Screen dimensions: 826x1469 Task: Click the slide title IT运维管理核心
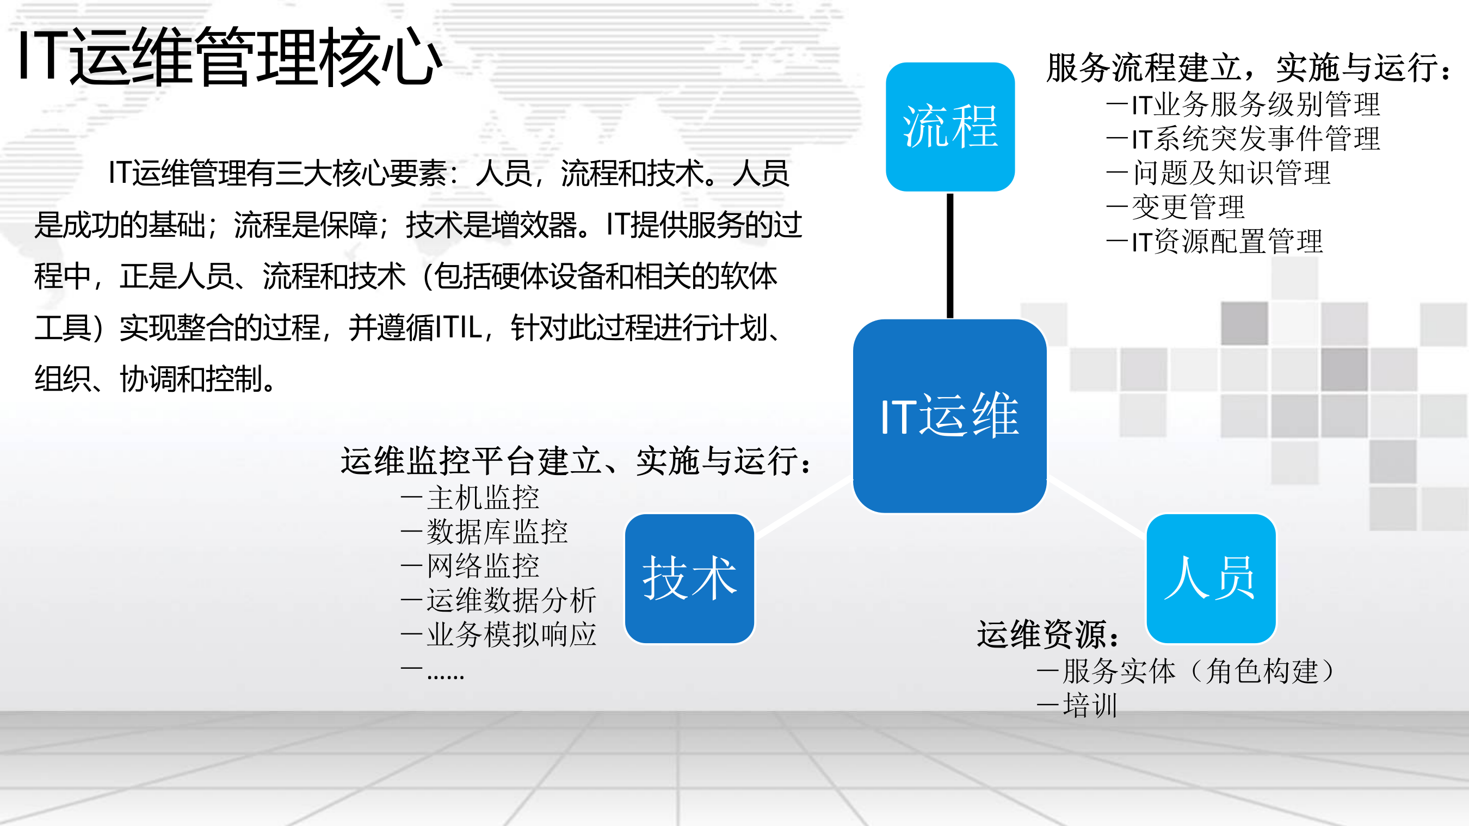[x=230, y=57]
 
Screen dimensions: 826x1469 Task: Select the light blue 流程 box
[x=950, y=127]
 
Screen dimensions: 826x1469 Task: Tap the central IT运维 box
[x=949, y=415]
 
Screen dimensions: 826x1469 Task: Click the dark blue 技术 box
[x=689, y=578]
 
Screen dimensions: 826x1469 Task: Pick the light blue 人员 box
[x=1211, y=578]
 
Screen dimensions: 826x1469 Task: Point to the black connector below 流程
[x=950, y=255]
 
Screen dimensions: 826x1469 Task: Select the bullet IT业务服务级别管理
[x=1243, y=104]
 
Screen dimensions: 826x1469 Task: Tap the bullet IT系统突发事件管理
[x=1243, y=139]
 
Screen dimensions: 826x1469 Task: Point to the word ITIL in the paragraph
[x=459, y=328]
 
